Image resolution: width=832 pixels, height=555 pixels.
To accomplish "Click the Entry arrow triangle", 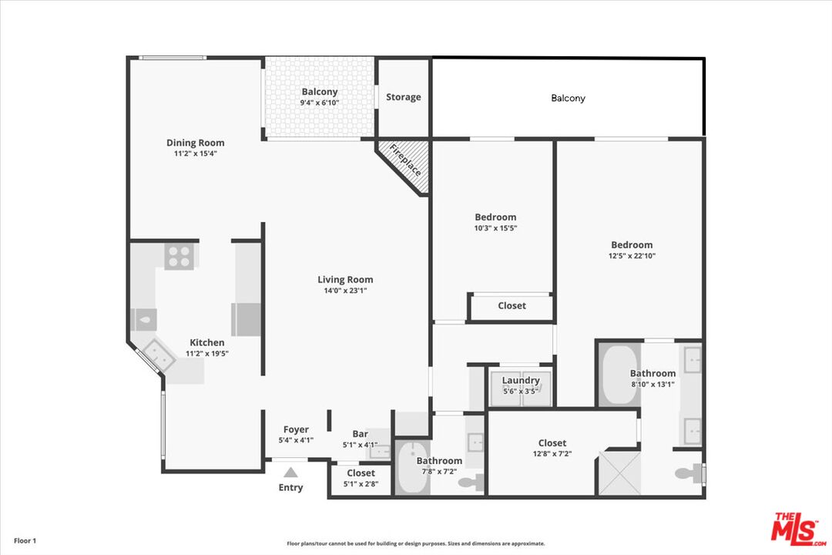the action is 290,473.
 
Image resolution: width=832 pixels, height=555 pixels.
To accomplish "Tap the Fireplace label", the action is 406,160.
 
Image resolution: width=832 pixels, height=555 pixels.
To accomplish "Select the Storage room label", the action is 403,96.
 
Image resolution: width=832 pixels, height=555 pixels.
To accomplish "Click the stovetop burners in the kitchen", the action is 179,256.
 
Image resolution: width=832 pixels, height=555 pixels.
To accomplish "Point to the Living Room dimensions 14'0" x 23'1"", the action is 345,291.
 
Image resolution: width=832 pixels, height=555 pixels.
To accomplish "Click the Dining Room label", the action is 195,143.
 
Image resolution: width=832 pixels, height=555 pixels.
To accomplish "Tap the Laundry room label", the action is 521,380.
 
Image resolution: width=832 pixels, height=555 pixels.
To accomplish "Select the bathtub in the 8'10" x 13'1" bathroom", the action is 619,375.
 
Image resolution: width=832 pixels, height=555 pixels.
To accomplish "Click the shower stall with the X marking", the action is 619,473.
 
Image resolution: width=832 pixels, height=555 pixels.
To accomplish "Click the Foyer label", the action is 296,429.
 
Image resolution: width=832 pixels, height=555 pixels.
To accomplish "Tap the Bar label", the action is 360,434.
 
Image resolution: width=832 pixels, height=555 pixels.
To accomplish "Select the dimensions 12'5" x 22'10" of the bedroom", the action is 632,256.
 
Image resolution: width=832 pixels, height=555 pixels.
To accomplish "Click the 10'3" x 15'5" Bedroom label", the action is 495,217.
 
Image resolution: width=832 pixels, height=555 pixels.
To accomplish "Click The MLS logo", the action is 797,529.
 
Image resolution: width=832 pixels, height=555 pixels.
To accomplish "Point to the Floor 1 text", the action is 25,540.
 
